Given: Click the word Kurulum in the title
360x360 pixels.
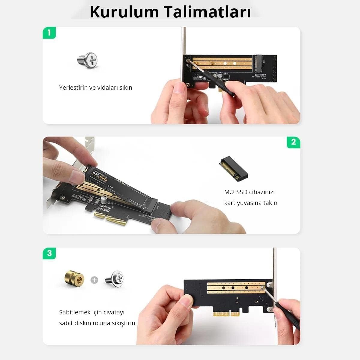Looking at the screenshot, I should (x=124, y=12).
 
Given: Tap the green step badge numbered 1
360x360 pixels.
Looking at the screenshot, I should (x=49, y=33).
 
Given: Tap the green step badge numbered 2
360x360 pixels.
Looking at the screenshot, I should (x=293, y=142).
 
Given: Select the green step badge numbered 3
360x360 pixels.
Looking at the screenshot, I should (x=49, y=253).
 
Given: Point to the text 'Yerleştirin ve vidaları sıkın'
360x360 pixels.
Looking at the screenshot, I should (x=95, y=88).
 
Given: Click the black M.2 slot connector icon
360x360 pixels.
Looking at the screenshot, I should (x=234, y=169).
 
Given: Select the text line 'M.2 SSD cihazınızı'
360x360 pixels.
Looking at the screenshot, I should (x=249, y=192).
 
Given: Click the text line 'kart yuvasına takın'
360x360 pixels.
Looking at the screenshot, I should (x=250, y=203).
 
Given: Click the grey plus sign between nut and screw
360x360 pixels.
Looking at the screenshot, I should (x=94, y=280).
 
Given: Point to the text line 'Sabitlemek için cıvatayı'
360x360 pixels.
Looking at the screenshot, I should (x=92, y=312).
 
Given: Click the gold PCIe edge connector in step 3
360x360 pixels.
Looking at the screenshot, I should (x=226, y=314).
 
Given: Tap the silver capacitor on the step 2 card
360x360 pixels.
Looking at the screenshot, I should (x=103, y=200).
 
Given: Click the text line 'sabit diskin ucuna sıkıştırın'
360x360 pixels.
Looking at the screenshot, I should (x=97, y=323).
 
